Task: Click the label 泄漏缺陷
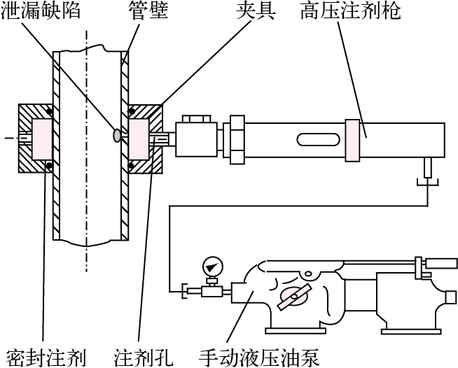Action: click(41, 10)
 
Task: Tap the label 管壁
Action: click(148, 10)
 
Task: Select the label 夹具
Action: click(256, 10)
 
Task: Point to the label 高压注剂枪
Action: click(350, 10)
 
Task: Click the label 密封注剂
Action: click(46, 357)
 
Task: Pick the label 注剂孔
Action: click(144, 357)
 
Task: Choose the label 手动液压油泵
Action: click(259, 357)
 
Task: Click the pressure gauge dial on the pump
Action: click(212, 266)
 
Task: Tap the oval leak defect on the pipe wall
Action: click(117, 135)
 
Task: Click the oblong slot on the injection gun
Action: click(318, 139)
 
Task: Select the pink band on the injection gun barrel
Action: click(353, 140)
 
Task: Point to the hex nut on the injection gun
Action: click(237, 140)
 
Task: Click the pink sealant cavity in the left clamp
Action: click(42, 139)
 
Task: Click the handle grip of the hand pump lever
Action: click(441, 262)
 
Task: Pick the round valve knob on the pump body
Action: click(293, 296)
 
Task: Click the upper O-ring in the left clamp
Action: click(50, 111)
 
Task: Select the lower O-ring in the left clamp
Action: click(49, 165)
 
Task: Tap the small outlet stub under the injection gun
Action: click(427, 168)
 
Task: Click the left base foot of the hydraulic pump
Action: click(295, 331)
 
